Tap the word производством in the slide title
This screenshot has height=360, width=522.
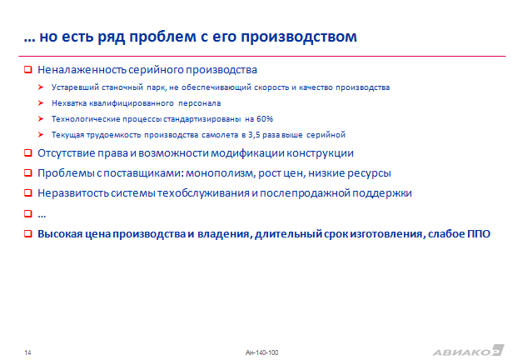299,37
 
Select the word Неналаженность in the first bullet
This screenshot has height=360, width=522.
82,70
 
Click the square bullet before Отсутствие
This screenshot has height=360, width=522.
28,153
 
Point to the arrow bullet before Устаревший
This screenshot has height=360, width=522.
41,87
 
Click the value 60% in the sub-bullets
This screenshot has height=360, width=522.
265,119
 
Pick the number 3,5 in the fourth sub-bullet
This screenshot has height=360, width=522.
254,135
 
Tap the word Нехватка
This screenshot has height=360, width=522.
69,103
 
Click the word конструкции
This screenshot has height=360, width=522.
320,153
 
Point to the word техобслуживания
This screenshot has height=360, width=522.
203,193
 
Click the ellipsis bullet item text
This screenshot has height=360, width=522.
42,215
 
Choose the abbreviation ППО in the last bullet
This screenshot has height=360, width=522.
479,233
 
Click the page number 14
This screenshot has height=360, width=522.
27,352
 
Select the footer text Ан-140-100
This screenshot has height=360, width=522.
261,352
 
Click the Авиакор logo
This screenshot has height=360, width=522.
469,351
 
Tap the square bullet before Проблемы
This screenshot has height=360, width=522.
28,173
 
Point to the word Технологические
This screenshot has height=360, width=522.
86,119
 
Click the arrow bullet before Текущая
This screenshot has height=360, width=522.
41,134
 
